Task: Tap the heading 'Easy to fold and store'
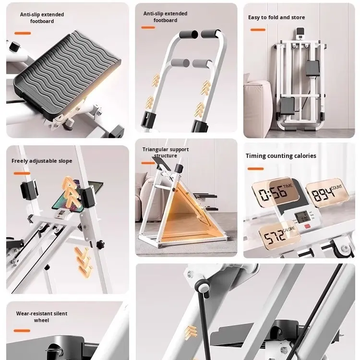pyautogui.click(x=276, y=17)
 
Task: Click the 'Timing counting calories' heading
pyautogui.click(x=281, y=156)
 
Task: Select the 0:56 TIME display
pyautogui.click(x=276, y=192)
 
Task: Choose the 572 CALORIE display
pyautogui.click(x=279, y=235)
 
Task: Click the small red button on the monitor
pyautogui.click(x=307, y=227)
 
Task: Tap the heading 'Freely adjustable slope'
pyautogui.click(x=42, y=161)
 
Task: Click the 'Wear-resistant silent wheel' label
pyautogui.click(x=42, y=317)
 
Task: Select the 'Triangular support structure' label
pyautogui.click(x=166, y=153)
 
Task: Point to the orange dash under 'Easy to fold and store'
pyautogui.click(x=258, y=30)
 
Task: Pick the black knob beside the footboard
pyautogui.click(x=14, y=47)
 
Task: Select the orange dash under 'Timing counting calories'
pyautogui.click(x=255, y=169)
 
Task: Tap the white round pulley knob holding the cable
pyautogui.click(x=203, y=287)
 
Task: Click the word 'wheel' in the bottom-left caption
pyautogui.click(x=42, y=320)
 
